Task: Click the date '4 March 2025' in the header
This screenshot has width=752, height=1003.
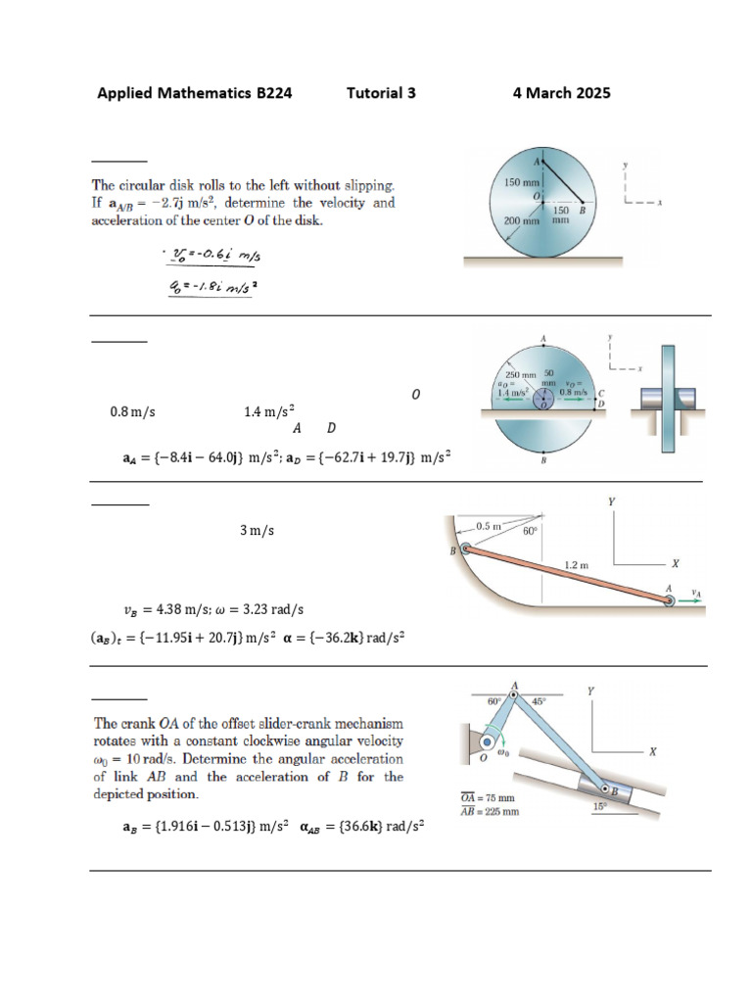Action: (x=561, y=93)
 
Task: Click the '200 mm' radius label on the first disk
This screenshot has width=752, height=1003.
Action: (x=522, y=221)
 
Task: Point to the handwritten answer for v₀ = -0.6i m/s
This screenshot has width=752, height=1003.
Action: (x=216, y=257)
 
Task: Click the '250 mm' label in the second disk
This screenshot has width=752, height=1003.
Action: (x=520, y=374)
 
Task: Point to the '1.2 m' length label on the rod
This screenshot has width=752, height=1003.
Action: (x=578, y=565)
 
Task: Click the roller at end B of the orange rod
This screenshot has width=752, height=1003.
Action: (x=465, y=550)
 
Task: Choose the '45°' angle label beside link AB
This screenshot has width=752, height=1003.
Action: (x=538, y=701)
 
